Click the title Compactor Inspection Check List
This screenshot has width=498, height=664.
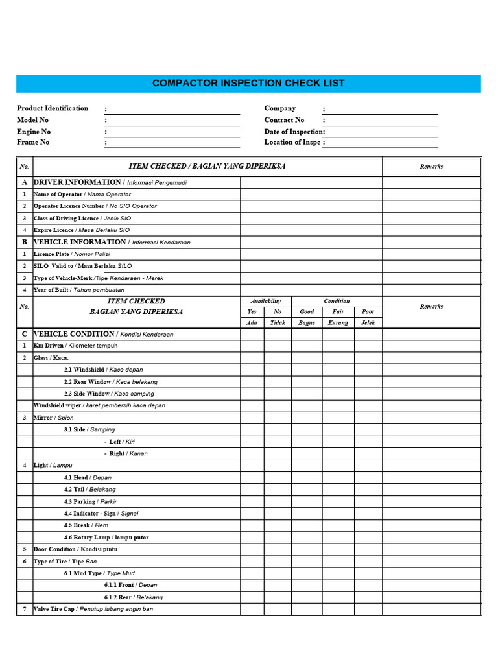(248, 84)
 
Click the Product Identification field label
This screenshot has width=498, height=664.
(53, 108)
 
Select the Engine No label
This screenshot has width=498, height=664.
(34, 131)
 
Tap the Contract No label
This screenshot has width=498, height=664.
(284, 120)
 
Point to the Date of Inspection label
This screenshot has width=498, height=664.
(294, 131)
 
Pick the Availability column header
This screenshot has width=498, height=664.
(266, 302)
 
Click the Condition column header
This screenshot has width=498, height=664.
(337, 302)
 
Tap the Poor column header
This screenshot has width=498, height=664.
(368, 312)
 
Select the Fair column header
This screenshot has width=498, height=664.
(338, 312)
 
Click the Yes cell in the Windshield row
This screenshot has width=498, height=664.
(252, 370)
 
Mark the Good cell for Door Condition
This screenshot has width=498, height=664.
(307, 549)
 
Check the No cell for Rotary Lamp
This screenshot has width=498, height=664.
(278, 537)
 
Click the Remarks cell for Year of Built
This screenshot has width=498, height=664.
(431, 290)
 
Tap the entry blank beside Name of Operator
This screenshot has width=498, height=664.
(311, 195)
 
